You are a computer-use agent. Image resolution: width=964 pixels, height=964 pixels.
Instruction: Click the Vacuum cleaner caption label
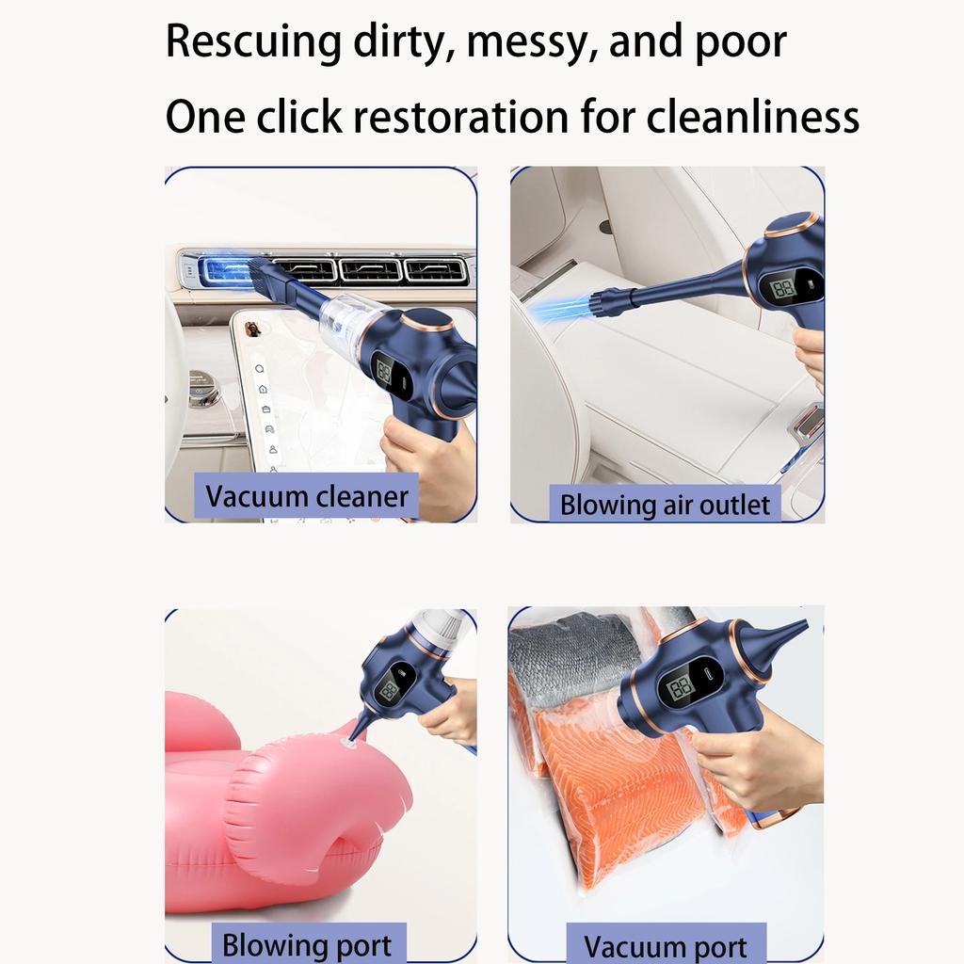point(307,496)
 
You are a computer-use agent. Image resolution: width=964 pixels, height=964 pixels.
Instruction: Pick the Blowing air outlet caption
point(665,505)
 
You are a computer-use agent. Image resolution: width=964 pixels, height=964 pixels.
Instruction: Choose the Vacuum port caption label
point(666,945)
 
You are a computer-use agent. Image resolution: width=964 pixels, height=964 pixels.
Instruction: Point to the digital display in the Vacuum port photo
point(681,690)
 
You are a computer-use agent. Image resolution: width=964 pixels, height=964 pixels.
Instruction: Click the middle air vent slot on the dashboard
point(370,270)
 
